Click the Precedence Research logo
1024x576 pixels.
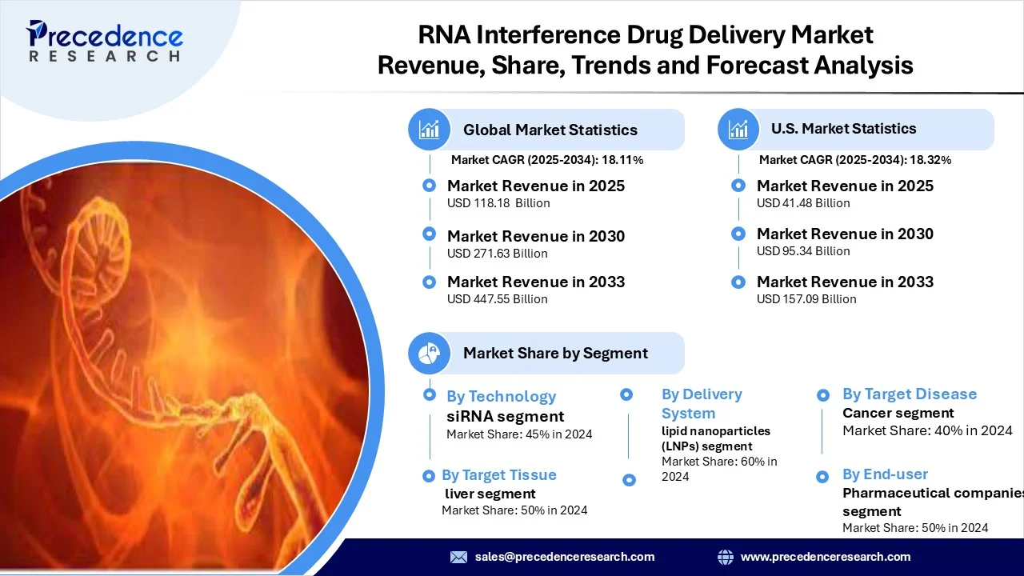click(x=105, y=41)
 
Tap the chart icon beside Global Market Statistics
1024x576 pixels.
click(x=429, y=130)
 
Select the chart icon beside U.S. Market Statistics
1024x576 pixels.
click(x=738, y=130)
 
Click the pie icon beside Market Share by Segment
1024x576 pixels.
click(x=429, y=354)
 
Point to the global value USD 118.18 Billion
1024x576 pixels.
click(x=498, y=203)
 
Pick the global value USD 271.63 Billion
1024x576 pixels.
click(x=498, y=254)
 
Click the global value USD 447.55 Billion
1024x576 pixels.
click(x=498, y=299)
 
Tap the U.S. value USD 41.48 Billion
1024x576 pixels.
click(x=803, y=203)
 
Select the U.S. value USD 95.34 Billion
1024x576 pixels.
click(x=803, y=251)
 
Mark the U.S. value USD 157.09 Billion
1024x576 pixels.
click(x=806, y=299)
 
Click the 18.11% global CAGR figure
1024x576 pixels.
click(x=622, y=160)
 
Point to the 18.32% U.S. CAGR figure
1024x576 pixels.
click(x=930, y=160)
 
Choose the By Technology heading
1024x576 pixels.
click(x=502, y=396)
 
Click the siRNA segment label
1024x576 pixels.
click(x=505, y=417)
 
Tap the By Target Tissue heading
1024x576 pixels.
click(x=499, y=475)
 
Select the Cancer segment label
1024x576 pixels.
click(x=898, y=414)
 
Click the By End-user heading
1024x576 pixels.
click(x=885, y=474)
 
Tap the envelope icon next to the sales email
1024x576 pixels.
click(x=458, y=557)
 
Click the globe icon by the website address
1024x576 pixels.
click(x=726, y=557)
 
